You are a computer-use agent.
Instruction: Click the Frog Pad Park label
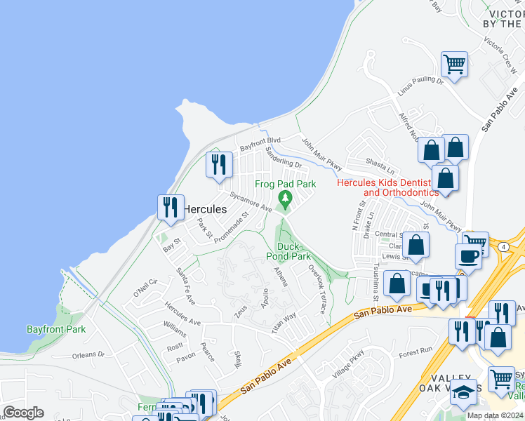(285, 184)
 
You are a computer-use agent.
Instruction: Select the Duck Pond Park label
(293, 251)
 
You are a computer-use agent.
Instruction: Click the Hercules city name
(205, 209)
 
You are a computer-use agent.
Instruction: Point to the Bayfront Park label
(56, 328)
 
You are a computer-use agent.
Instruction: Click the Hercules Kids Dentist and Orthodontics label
(388, 187)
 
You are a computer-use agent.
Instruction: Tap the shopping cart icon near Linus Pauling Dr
(455, 65)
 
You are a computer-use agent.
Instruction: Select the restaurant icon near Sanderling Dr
(219, 164)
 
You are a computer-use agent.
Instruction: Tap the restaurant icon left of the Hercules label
(171, 207)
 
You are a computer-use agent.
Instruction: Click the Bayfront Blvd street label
(260, 145)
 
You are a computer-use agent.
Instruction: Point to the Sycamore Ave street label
(251, 203)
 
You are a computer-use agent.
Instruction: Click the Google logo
(24, 413)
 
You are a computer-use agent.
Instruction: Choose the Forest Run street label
(416, 351)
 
